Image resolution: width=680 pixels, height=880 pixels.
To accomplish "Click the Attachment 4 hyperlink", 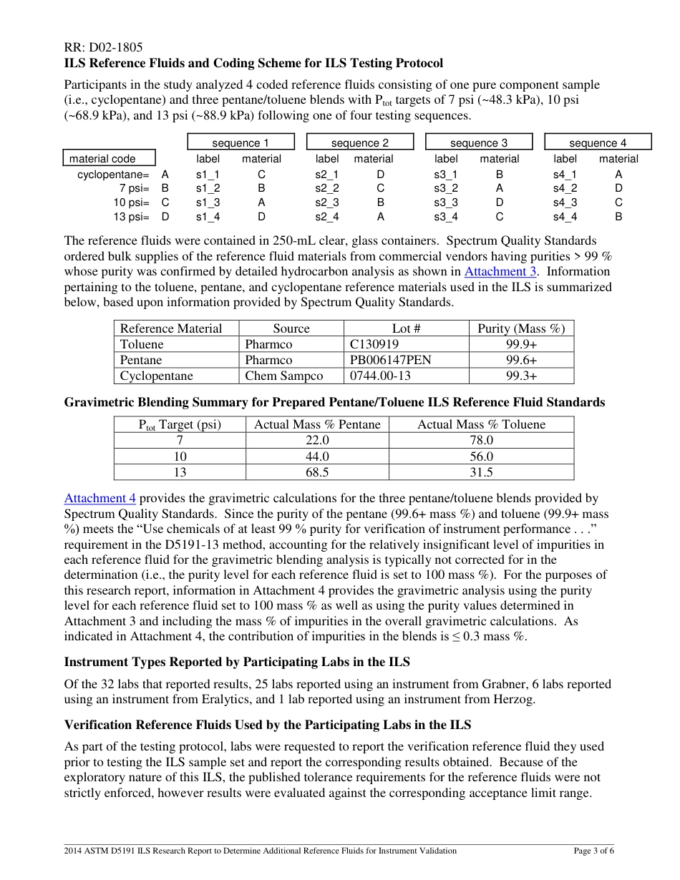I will pos(99,499).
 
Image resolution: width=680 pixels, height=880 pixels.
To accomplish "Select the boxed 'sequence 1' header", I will pos(241,142).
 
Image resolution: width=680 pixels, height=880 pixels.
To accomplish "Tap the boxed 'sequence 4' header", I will pos(598,142).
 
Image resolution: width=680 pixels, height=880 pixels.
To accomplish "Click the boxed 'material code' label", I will pos(102,159).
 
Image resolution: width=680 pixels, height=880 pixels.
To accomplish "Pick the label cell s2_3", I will pos(327,202).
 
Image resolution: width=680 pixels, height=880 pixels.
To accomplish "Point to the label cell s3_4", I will pos(446,217).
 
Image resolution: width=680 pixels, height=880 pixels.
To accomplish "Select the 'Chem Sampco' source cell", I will pos(283,376).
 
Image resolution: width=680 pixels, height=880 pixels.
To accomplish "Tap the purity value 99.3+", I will pos(521,376).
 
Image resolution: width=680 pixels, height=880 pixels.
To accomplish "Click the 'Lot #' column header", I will pos(406,328).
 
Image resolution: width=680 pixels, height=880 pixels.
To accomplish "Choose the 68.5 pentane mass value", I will pos(317,472).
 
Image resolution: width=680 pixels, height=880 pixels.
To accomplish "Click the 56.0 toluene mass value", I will pos(481,456).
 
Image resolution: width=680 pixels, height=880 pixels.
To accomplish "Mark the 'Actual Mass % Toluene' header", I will pos(481,424).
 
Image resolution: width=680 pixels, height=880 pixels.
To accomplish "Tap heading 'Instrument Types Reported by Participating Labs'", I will pos(237,662).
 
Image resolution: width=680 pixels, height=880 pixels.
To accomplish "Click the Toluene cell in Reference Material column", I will pos(142,344).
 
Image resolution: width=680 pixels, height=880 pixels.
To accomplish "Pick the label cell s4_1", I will pos(565,175).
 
